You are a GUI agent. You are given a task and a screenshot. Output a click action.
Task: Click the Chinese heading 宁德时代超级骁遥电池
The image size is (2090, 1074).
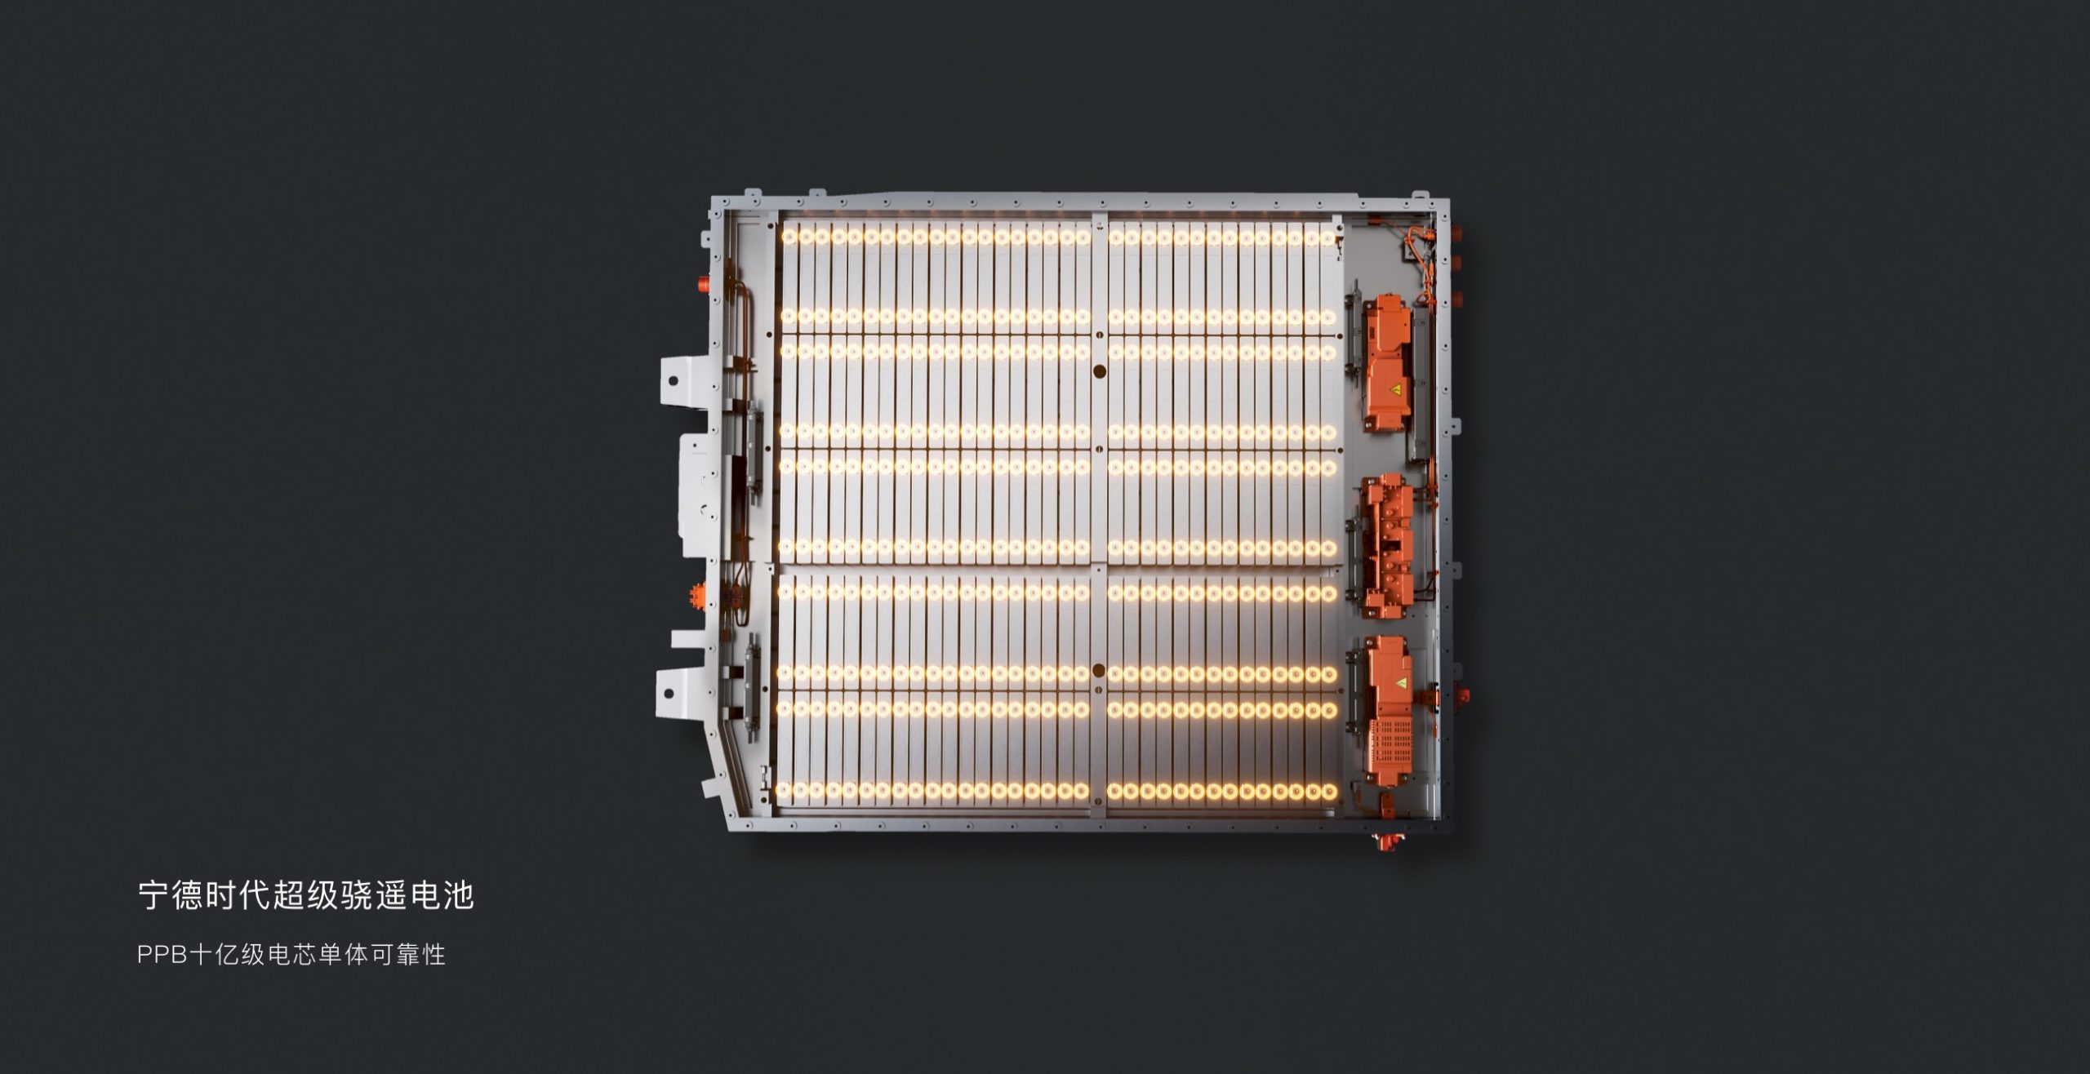click(305, 895)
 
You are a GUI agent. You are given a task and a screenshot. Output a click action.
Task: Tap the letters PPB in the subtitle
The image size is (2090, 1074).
click(163, 955)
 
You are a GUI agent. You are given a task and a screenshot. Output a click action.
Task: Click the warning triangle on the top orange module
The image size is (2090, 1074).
click(1395, 389)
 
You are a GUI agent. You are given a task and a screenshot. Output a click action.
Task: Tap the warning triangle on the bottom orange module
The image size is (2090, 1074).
click(1401, 681)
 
